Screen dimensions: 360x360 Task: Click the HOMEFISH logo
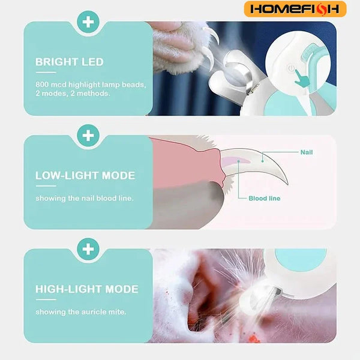295,9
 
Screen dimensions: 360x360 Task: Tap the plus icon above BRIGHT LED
88,22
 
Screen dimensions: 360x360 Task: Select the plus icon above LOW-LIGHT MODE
88,136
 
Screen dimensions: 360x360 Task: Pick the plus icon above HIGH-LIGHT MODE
88,249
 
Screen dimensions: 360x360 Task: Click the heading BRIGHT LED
70,62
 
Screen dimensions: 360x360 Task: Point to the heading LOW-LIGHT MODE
85,176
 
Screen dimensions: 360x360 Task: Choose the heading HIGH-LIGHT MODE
87,289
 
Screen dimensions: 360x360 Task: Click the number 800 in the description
42,85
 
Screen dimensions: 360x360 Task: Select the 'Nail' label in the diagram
307,152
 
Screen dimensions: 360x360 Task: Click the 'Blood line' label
265,199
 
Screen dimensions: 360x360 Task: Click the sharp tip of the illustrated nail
287,184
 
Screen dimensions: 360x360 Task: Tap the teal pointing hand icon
301,79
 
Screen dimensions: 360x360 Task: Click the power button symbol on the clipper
291,68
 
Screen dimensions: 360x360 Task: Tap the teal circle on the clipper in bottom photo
301,258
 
